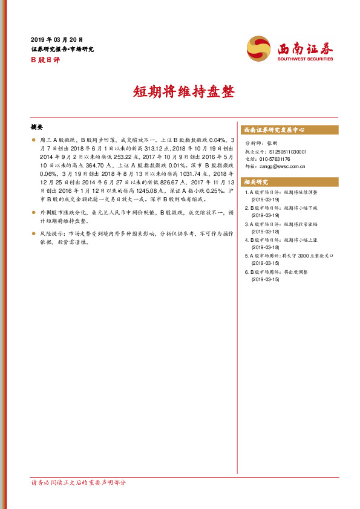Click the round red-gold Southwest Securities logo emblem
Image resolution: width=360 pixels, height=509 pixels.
point(258,48)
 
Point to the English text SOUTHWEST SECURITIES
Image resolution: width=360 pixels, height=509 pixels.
point(305,60)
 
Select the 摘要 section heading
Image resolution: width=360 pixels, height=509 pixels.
point(37,128)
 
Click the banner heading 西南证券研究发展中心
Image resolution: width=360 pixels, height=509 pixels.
point(274,130)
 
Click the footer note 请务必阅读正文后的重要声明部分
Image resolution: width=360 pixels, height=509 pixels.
point(79,482)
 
